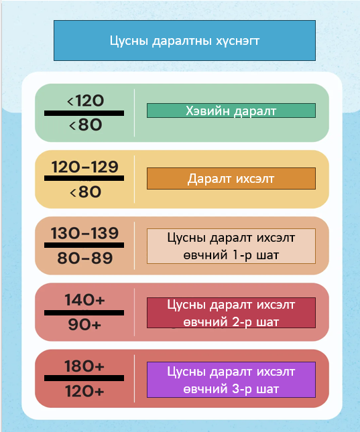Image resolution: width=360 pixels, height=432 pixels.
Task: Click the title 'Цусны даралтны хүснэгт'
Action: click(184, 40)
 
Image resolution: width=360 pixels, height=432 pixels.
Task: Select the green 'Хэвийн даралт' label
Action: click(231, 111)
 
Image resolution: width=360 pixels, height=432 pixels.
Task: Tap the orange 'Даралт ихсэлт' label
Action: click(231, 179)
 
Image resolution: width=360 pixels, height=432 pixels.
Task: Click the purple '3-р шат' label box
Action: click(231, 380)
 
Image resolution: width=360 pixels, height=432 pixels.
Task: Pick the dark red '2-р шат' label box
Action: click(231, 313)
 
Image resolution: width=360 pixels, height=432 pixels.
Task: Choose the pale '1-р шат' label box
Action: click(231, 246)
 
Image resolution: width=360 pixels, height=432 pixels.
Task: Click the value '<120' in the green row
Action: click(86, 100)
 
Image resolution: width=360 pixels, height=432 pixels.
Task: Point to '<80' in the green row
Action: click(86, 125)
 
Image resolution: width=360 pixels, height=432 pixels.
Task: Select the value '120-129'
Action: click(85, 167)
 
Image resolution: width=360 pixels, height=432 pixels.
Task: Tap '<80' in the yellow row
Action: click(86, 192)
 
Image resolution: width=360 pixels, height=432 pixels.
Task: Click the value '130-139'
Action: click(84, 233)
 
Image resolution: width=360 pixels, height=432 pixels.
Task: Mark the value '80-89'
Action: click(85, 258)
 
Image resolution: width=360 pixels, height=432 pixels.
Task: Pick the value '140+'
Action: click(84, 300)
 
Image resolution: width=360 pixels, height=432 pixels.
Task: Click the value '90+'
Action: click(84, 325)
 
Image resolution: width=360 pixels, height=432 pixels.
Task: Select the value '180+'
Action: click(84, 366)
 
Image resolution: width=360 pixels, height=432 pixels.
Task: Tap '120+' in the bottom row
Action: click(84, 391)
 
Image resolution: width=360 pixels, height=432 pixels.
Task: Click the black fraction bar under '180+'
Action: click(84, 378)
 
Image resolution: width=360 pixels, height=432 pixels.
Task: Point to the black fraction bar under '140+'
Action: click(84, 313)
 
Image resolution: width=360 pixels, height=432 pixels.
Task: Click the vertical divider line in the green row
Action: click(134, 113)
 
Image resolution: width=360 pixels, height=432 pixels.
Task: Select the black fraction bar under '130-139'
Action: click(84, 245)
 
